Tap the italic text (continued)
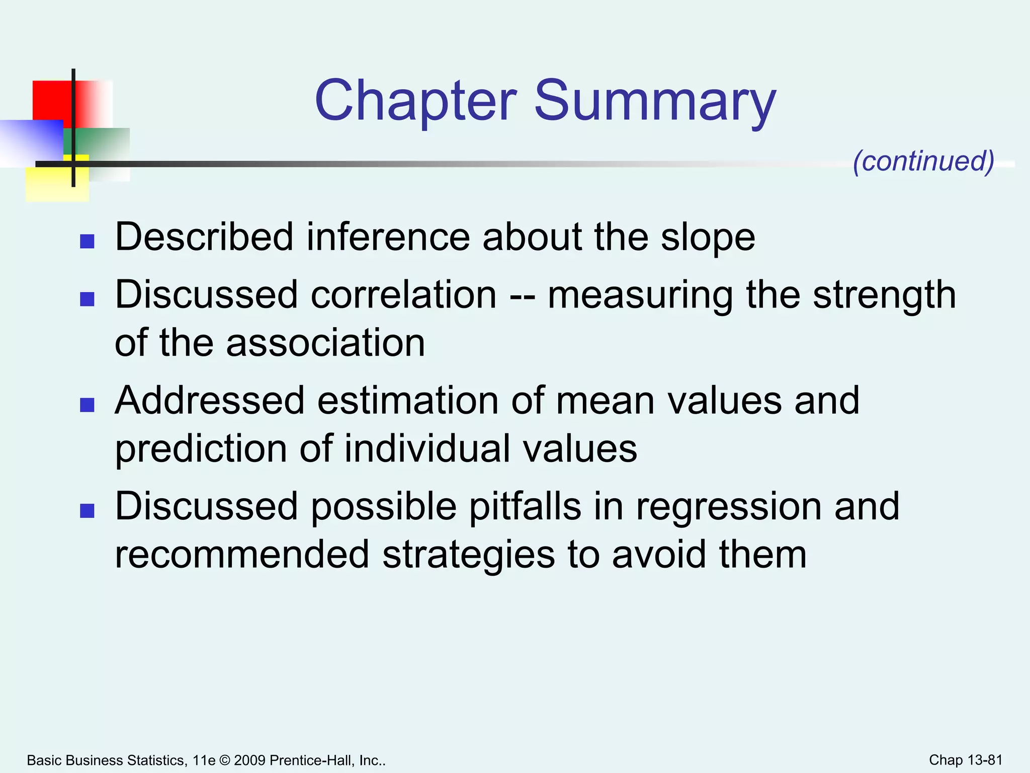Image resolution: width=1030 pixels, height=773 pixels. [x=923, y=161]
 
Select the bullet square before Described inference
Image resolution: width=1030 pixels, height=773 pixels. [x=88, y=242]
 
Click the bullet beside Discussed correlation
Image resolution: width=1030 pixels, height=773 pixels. [x=88, y=299]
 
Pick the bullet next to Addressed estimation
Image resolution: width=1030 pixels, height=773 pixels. [x=88, y=405]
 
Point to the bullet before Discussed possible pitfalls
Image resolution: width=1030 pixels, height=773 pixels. [x=88, y=511]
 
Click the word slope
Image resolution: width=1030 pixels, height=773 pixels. [x=708, y=238]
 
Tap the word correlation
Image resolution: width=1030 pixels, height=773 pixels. [x=404, y=295]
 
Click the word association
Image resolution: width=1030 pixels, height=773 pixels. [x=325, y=343]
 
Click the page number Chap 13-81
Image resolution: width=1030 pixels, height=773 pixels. [x=966, y=760]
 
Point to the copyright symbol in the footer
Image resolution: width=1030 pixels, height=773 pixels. [x=224, y=760]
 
